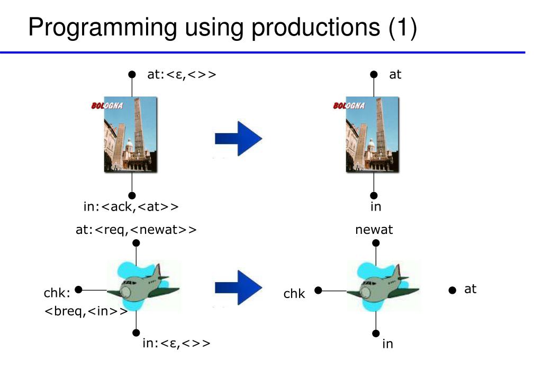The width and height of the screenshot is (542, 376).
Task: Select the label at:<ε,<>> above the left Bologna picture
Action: coord(182,74)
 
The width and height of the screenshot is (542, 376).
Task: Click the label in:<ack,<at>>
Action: coord(131,207)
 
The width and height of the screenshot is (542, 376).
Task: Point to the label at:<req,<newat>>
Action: coord(136,230)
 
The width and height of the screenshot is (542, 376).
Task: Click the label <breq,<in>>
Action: coord(86,311)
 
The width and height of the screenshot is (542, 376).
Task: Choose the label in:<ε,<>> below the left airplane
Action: coord(176,343)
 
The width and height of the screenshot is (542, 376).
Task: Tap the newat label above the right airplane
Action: coord(374,230)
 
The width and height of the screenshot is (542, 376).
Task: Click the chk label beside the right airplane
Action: coord(294,294)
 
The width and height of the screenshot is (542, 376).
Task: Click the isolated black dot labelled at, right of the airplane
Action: coord(452,290)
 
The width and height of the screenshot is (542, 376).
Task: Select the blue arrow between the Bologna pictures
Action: coord(239,138)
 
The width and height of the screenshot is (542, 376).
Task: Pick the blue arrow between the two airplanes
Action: coord(239,288)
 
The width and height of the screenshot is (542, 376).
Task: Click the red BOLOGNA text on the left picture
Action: coord(107,105)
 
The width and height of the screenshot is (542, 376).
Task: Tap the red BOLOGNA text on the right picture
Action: coord(349,105)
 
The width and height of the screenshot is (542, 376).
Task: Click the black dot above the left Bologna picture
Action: coord(132,74)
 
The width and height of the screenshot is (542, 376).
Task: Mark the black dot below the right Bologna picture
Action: coord(374,195)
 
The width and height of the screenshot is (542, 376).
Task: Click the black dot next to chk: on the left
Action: coord(78,290)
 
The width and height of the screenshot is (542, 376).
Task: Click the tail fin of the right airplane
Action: coord(398,271)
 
